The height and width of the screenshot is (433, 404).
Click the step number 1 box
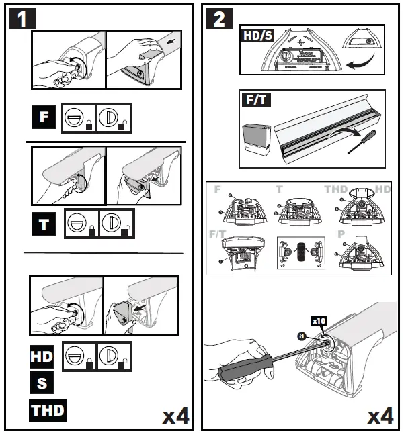(22, 19)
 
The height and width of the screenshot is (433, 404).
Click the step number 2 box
(219, 19)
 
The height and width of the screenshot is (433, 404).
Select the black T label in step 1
(44, 223)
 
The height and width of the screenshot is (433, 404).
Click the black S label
(40, 382)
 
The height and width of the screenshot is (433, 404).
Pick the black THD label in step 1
(48, 408)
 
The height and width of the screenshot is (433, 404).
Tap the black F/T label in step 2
(255, 101)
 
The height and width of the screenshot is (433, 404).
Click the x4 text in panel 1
(176, 415)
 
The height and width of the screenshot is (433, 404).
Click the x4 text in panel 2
(379, 415)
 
